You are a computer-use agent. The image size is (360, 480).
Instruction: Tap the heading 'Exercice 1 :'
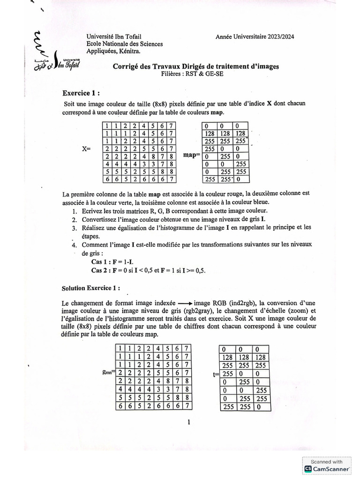(82, 93)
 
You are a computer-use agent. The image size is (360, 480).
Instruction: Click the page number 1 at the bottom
(188, 422)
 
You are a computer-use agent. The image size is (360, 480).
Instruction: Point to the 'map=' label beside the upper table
(191, 154)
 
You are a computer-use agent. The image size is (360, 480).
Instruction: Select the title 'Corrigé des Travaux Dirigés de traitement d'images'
(195, 67)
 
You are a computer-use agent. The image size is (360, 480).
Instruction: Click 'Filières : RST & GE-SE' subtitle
(195, 74)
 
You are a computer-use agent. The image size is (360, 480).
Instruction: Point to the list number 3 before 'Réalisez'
(74, 228)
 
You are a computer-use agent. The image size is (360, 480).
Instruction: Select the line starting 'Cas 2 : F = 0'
(149, 270)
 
